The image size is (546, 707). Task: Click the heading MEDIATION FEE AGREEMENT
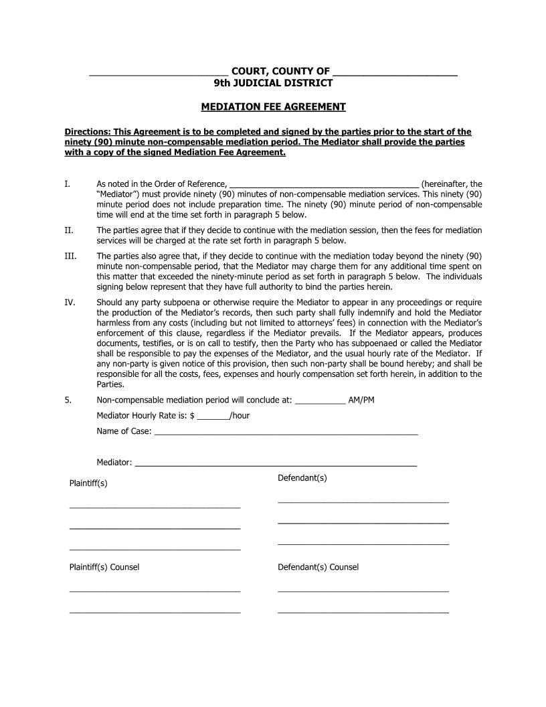point(273,106)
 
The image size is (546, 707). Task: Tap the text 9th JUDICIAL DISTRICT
point(273,83)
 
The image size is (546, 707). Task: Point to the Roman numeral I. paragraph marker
point(67,183)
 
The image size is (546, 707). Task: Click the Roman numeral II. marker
point(68,230)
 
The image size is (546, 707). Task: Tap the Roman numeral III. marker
point(70,256)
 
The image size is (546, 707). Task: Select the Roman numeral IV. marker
point(70,303)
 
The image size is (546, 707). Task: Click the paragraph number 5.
point(68,400)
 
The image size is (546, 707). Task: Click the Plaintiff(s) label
point(88,483)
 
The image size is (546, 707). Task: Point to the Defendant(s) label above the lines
point(302,478)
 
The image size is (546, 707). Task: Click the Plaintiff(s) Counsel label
point(104,567)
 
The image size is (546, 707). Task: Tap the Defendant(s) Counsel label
point(318,567)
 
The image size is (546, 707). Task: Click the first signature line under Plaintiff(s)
point(155,507)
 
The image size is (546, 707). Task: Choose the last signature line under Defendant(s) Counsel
point(363,612)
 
